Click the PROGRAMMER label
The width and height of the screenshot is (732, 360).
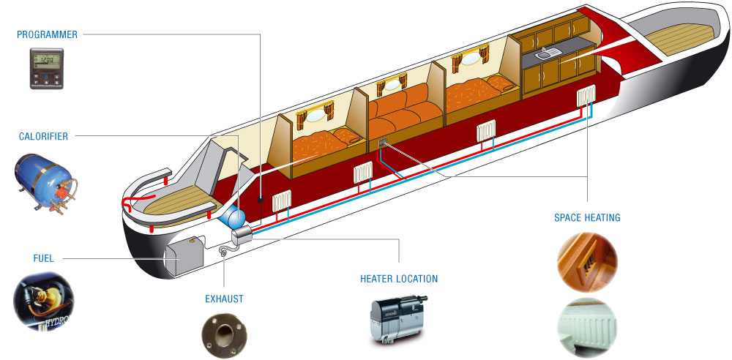(47, 34)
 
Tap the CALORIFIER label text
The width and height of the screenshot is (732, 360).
(43, 136)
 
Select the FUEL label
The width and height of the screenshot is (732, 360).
(43, 258)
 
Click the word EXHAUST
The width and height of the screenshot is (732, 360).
(224, 299)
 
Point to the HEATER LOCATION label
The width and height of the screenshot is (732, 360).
(399, 280)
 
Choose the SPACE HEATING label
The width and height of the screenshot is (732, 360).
(587, 217)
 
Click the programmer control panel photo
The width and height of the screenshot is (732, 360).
(47, 68)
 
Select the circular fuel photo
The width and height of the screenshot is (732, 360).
(43, 301)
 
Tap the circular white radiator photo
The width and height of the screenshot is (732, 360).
(587, 327)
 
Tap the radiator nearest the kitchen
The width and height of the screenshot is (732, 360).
(586, 95)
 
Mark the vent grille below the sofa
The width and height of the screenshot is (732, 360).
(383, 143)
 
